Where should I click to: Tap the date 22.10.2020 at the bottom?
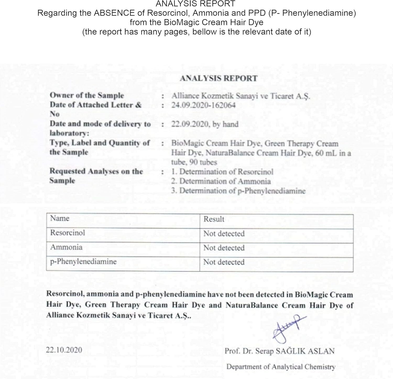click(64, 350)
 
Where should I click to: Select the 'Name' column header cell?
click(60, 218)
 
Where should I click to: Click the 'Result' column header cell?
click(214, 219)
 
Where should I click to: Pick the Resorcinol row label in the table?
click(67, 233)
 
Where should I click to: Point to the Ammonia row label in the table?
click(66, 247)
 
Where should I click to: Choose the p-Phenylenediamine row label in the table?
click(83, 261)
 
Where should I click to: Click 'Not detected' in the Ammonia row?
click(224, 248)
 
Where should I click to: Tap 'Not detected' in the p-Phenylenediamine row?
click(224, 262)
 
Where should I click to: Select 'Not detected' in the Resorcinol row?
click(224, 233)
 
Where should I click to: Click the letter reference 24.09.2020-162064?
click(203, 105)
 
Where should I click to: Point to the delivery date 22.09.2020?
click(190, 124)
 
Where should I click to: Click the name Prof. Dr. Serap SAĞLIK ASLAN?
click(279, 351)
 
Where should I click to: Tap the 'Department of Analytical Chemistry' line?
click(281, 367)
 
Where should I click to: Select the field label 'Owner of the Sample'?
click(87, 95)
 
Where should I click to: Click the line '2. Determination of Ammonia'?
click(221, 181)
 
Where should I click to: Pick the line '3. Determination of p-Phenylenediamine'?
click(238, 191)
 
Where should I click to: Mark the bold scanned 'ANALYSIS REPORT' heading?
click(219, 78)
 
